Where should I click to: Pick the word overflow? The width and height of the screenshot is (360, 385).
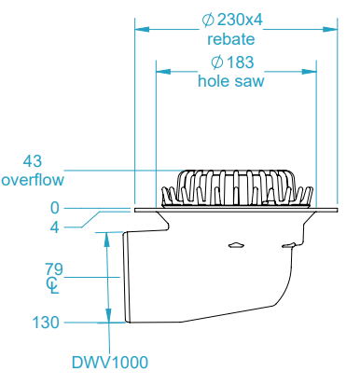tap(33, 179)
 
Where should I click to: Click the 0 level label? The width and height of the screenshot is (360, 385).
tap(55, 208)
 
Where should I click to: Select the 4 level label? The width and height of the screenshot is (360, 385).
tap(55, 226)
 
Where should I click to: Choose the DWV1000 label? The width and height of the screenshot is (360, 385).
tap(109, 362)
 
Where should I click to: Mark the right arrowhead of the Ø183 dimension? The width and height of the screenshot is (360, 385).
tap(310, 70)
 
